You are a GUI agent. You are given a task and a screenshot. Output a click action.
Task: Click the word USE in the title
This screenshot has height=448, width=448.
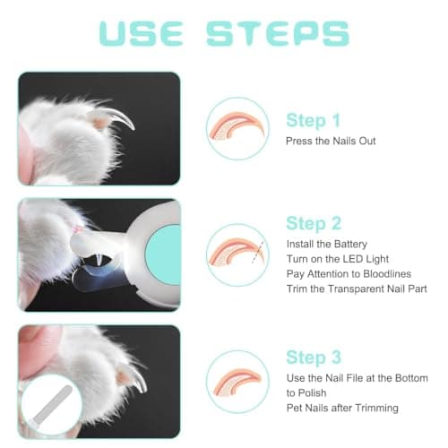141,34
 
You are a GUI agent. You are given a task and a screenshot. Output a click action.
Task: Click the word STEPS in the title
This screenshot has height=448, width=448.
278,34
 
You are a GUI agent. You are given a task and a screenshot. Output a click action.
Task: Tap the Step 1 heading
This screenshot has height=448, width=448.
313,121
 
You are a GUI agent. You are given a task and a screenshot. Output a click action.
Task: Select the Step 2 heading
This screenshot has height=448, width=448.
314,223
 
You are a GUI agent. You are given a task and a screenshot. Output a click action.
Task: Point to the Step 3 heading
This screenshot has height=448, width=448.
314,358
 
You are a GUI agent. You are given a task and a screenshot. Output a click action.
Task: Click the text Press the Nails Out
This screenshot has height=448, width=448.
331,141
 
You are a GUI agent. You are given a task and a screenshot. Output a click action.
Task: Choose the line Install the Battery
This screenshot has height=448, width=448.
327,245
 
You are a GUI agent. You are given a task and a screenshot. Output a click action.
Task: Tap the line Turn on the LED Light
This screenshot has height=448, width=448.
338,259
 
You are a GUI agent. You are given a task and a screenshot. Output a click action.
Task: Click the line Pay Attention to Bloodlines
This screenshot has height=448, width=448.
349,274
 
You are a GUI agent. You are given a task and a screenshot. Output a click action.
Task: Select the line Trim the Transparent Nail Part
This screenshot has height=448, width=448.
357,289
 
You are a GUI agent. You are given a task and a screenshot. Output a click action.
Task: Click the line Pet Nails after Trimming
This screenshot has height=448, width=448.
342,408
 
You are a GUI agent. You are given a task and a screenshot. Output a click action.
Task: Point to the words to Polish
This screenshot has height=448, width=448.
306,393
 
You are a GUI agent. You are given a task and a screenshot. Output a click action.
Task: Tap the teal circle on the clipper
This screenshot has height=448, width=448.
163,254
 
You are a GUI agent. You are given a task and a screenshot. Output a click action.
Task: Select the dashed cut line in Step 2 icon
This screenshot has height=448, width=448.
257,253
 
